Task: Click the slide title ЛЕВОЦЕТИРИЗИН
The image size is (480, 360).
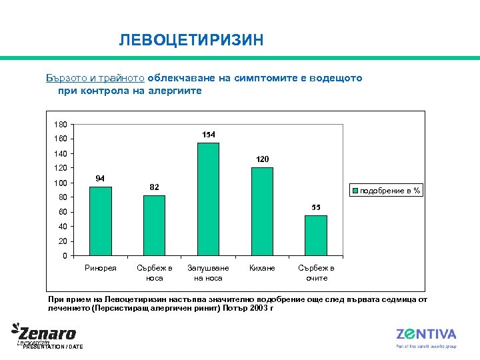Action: coord(191,41)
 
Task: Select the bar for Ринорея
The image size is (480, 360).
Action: coord(101,221)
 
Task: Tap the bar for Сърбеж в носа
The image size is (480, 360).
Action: coord(154,225)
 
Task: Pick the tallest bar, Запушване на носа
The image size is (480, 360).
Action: coord(208,199)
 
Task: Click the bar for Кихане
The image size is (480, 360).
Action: coord(262,211)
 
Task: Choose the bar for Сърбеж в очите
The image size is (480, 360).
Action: coord(316,235)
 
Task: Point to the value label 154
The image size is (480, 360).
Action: coord(209,135)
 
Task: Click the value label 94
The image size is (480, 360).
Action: coord(101,179)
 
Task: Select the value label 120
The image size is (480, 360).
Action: coord(262,159)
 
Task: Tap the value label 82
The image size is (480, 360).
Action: coord(154,187)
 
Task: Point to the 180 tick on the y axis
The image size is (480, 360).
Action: coord(61,124)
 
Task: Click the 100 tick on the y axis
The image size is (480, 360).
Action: coord(61,183)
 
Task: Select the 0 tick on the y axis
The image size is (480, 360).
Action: coord(64,256)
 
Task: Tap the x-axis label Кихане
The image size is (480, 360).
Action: coord(262,268)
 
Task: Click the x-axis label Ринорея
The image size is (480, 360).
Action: coord(101,268)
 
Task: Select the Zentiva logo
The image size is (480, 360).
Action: coord(426,335)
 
